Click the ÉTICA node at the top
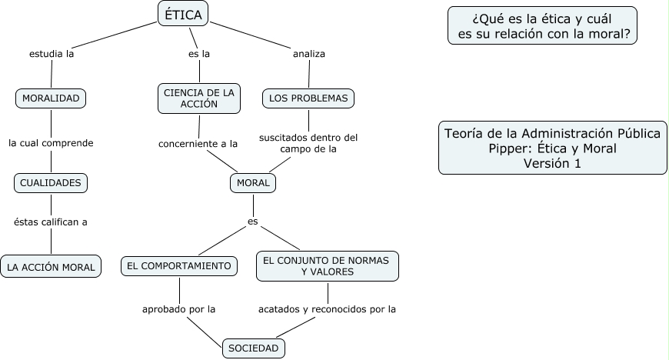184,14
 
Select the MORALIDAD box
51,98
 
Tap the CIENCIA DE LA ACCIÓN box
199,98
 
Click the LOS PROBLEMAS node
308,98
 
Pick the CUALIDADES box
51,183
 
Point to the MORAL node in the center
253,183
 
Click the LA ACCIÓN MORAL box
51,267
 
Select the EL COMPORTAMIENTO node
179,266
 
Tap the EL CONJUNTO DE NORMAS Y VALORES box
328,266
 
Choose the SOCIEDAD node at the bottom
253,348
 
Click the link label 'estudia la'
51,54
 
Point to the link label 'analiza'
309,54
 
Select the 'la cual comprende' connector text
51,142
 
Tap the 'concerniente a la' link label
198,143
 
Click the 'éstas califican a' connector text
51,222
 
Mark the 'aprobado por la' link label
178,309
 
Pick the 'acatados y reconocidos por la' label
327,309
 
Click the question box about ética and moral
542,25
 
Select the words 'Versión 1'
552,163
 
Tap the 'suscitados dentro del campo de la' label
308,143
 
